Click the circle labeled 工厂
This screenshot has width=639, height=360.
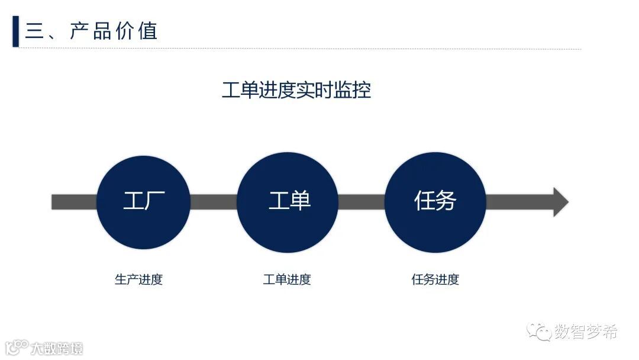coord(143,202)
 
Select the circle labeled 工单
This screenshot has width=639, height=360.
coord(288,202)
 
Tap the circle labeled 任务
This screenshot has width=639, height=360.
coord(435,202)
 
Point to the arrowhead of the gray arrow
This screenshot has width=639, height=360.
coord(560,202)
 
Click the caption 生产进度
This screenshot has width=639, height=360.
coord(138,279)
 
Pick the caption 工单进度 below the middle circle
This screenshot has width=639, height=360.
coord(287,279)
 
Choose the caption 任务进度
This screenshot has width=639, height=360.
coord(435,279)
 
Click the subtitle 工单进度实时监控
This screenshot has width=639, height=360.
coord(296,91)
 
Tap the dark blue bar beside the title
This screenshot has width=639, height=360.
coord(15,31)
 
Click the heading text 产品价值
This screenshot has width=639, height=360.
coord(113,31)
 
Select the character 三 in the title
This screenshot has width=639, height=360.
coord(34,31)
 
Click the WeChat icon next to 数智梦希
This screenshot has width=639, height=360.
coord(540,332)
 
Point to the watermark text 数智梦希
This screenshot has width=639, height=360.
coord(586,332)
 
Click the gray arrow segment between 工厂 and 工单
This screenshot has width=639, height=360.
coord(214,202)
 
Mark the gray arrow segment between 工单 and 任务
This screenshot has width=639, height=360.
coord(362,202)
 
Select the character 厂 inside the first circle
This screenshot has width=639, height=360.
coord(155,201)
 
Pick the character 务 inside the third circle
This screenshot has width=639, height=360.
coord(446,201)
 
